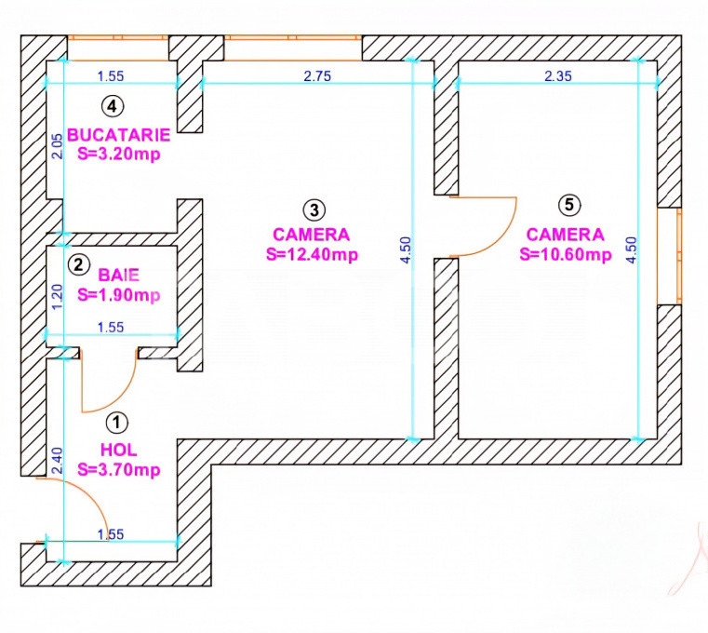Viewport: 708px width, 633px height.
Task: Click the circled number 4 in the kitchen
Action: (113, 106)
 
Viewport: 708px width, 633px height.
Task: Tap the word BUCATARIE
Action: (119, 135)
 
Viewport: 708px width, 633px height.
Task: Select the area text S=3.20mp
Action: (119, 155)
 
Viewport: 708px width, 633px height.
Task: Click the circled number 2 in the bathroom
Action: (78, 264)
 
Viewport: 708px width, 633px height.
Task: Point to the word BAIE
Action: (119, 276)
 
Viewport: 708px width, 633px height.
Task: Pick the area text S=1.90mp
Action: (119, 295)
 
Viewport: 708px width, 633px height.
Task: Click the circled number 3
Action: (314, 209)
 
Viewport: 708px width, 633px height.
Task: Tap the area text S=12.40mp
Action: (312, 254)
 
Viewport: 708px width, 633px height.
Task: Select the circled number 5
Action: (569, 205)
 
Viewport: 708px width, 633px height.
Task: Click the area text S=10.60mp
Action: (566, 254)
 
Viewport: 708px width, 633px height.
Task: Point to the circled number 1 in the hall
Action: (117, 423)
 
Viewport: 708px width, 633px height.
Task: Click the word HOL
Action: (119, 450)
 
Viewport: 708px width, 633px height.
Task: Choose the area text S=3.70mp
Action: (119, 470)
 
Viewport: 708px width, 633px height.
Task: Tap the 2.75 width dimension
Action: (317, 76)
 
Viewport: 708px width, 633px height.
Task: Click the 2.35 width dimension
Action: (558, 76)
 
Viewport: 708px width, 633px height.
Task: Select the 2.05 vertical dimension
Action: (58, 146)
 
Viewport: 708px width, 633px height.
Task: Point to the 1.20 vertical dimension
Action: (58, 297)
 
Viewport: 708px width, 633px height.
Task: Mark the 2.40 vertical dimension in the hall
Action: (58, 461)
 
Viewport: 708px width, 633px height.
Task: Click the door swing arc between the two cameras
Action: (507, 238)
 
